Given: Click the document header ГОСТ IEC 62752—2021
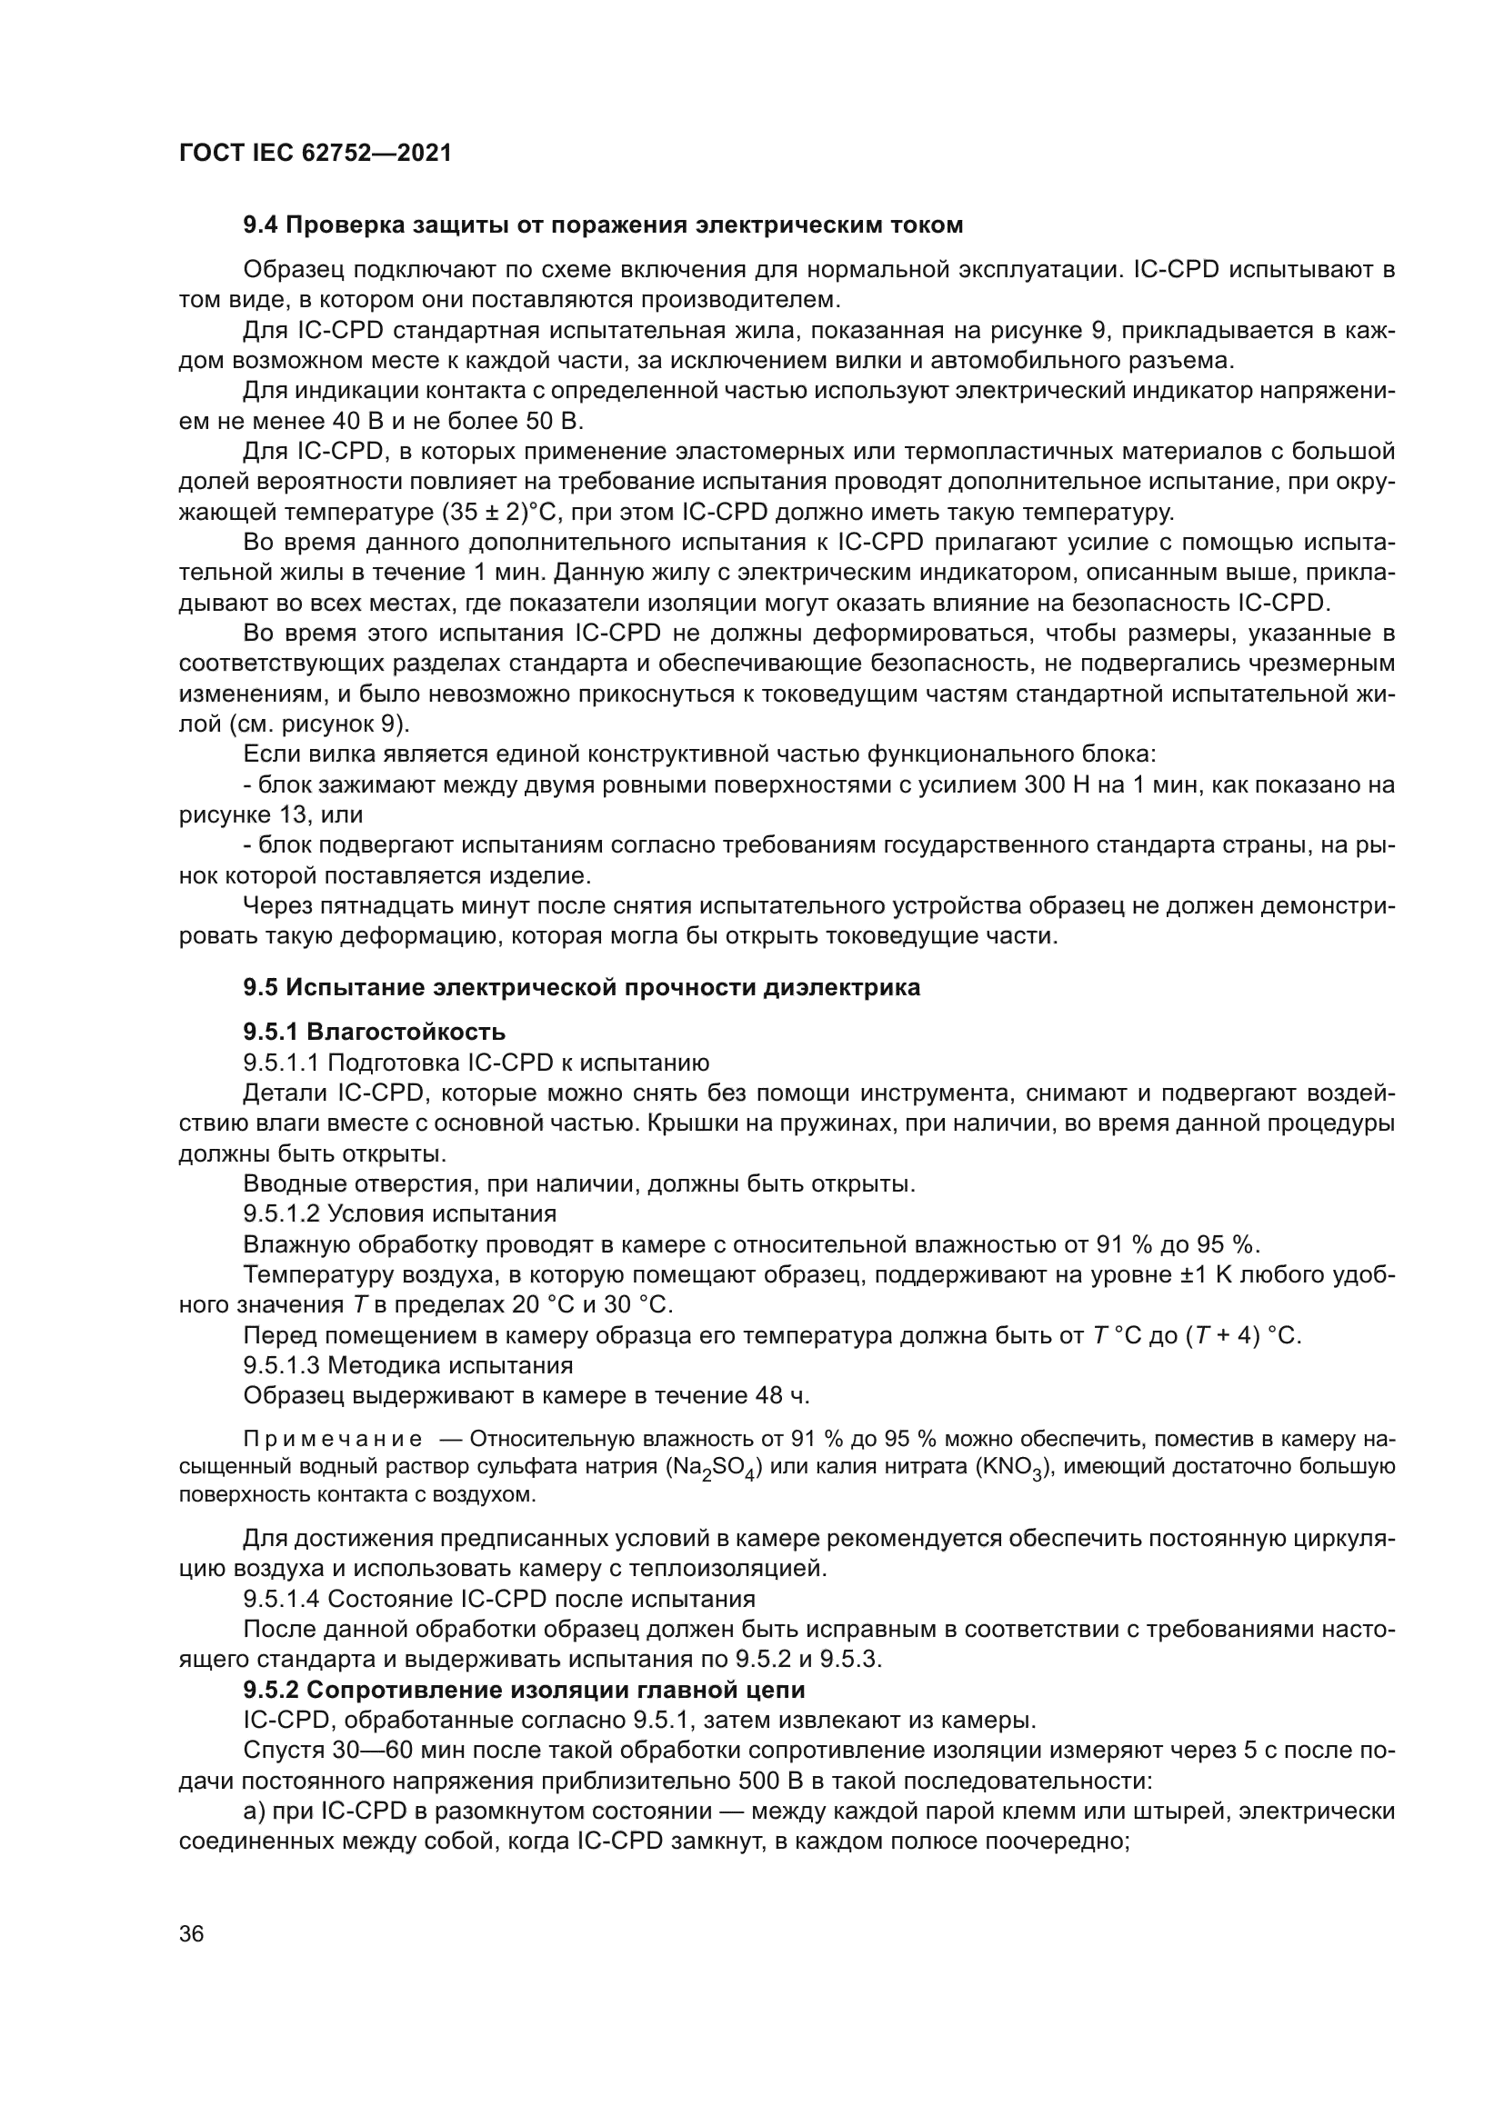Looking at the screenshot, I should pyautogui.click(x=315, y=154).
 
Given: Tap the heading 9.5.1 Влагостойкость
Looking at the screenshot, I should pyautogui.click(x=374, y=1031).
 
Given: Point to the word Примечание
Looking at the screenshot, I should pyautogui.click(x=333, y=1439).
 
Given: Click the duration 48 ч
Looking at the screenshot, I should pyautogui.click(x=783, y=1395).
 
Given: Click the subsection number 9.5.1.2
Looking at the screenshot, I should pyautogui.click(x=283, y=1214).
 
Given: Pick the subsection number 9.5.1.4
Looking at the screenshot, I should pyautogui.click(x=283, y=1599).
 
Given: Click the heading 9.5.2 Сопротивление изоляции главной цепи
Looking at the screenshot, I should pyautogui.click(x=524, y=1690).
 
